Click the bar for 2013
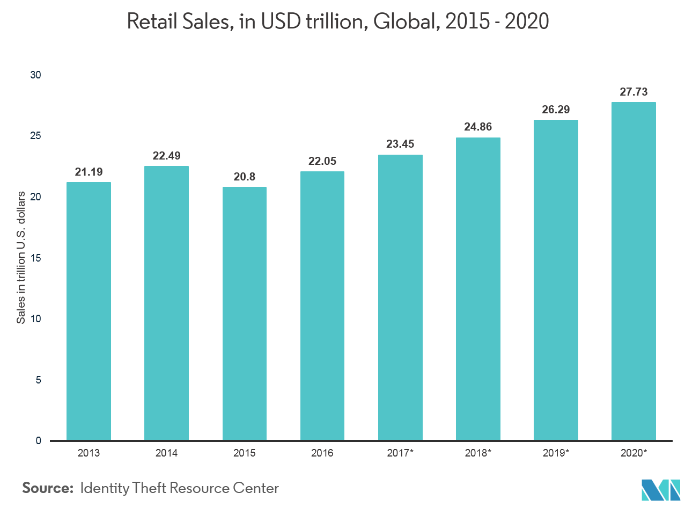[x=89, y=312]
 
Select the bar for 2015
[x=244, y=314]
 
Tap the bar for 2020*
[x=634, y=271]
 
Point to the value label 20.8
[x=244, y=177]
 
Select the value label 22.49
[x=166, y=156]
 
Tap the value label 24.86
[x=478, y=127]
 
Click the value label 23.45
[x=400, y=144]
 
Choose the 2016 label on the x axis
[x=322, y=453]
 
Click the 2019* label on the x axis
[x=556, y=453]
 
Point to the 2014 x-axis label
[x=166, y=453]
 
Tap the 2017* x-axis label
[x=400, y=453]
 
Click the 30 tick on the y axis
[x=36, y=75]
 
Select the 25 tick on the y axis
[x=36, y=136]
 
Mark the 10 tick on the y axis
[x=36, y=319]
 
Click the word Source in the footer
[x=47, y=489]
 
